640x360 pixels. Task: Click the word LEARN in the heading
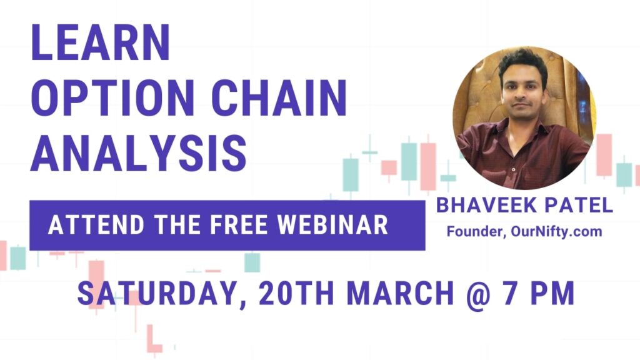click(101, 42)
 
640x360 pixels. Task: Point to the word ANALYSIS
click(139, 152)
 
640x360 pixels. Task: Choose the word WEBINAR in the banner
click(332, 224)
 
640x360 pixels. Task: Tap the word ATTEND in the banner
click(96, 224)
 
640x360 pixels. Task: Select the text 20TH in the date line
click(296, 293)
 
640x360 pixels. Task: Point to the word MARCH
click(401, 293)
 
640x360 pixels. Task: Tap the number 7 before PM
click(511, 293)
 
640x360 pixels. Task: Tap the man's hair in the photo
click(524, 62)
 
